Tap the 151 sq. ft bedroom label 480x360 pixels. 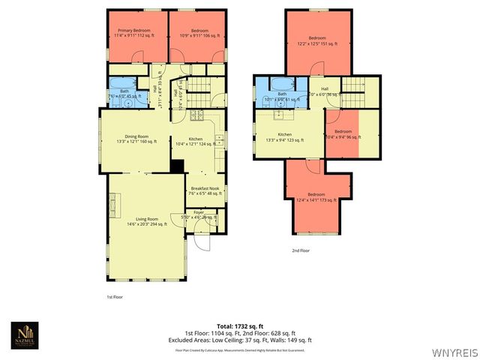(317, 40)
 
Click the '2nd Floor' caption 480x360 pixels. (300, 250)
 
